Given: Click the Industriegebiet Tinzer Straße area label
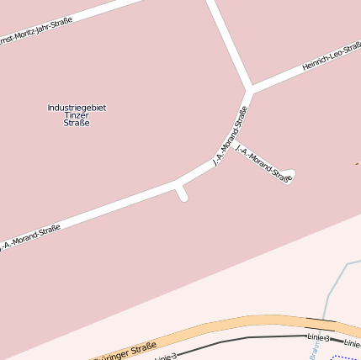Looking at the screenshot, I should click(x=77, y=115).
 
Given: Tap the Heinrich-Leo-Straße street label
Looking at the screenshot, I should click(x=332, y=56).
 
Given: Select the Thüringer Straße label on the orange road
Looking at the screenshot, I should click(x=126, y=351).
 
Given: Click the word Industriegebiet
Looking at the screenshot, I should click(x=77, y=108).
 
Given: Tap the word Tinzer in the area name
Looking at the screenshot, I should click(x=77, y=115).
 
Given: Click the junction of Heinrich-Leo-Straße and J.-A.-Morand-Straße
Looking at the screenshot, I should click(x=250, y=89).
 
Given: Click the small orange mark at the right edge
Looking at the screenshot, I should click(x=358, y=162).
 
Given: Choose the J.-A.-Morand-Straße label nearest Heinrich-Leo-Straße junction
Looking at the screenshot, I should click(x=230, y=135).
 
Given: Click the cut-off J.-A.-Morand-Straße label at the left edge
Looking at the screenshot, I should click(x=30, y=237).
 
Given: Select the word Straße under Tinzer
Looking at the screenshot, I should click(x=77, y=124).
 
